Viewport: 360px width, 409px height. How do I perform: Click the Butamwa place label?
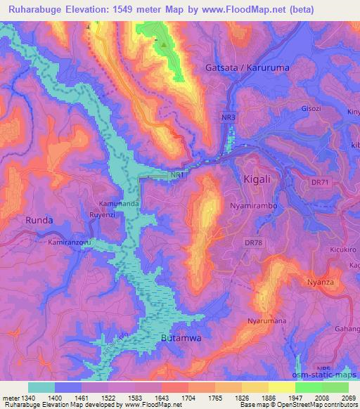tap(181, 338)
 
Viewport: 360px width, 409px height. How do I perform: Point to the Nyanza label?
tap(321, 282)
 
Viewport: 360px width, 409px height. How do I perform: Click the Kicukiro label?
tap(343, 249)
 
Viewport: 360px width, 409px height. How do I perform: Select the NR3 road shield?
tap(229, 116)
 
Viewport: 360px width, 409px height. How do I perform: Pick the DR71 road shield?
tap(319, 183)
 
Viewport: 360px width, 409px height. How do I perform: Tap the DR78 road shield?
tap(252, 242)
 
